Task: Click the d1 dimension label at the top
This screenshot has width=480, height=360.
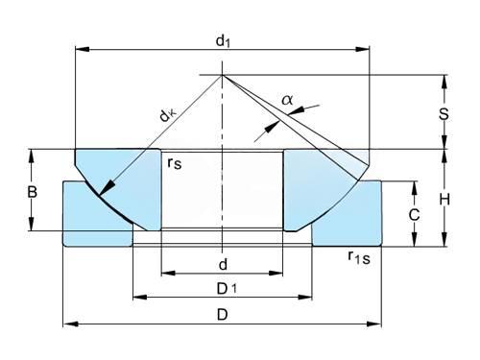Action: coord(223,41)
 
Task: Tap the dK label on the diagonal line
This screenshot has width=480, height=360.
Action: coord(168,115)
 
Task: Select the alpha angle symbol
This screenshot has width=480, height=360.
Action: coord(287,100)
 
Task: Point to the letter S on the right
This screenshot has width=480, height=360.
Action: coord(444,114)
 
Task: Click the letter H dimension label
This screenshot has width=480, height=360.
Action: coord(444,200)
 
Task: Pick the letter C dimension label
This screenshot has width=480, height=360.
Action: coord(414,215)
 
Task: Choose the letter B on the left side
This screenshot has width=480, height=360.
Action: coord(33,192)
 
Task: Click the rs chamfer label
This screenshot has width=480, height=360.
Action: coord(175,163)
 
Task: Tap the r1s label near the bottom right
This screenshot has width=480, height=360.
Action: coord(359,258)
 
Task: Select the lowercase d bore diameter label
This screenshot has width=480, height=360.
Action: coord(223,265)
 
